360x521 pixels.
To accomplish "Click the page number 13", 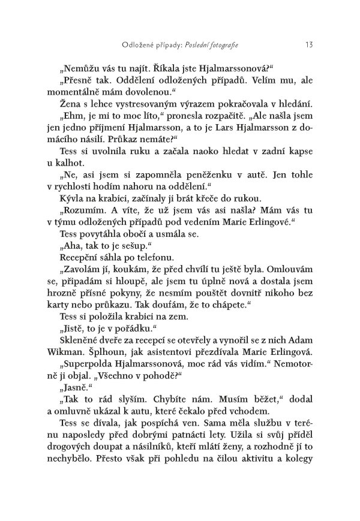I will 308,44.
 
